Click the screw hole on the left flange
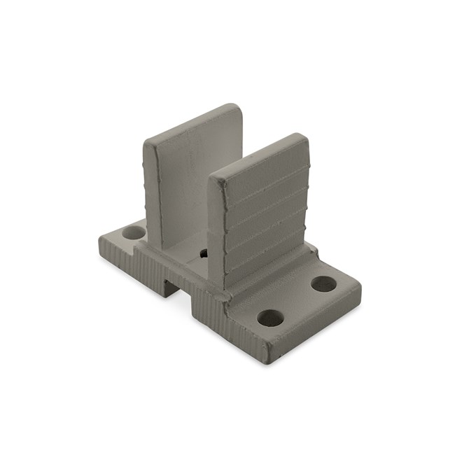(131, 230)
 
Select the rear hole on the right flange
(323, 284)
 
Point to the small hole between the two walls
(204, 253)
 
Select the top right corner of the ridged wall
(304, 137)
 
